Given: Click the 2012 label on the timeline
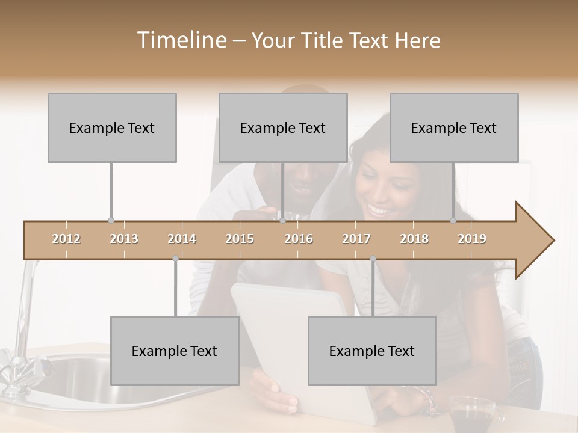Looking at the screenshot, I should click(x=66, y=239).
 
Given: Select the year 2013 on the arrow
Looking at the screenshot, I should click(x=124, y=239).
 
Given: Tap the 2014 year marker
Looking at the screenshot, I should click(x=182, y=239).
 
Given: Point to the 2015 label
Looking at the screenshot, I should click(x=240, y=239).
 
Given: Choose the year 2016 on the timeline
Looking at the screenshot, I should click(x=299, y=239).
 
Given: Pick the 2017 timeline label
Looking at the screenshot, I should click(x=356, y=239).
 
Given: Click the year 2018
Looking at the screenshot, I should click(x=414, y=239).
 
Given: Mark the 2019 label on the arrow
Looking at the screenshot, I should click(x=472, y=239).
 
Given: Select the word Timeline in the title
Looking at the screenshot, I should click(x=180, y=40).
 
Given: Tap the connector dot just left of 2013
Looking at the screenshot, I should click(x=111, y=221).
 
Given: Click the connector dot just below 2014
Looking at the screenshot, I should click(x=175, y=259).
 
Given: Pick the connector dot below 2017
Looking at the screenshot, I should click(x=373, y=259).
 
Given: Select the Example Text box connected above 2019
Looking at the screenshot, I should click(x=454, y=127).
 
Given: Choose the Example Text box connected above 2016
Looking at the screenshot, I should click(x=283, y=127).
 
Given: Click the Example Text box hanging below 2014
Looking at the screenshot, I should click(x=175, y=351).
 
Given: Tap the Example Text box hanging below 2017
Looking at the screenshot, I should click(x=372, y=351).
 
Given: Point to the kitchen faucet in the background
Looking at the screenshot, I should click(x=24, y=325).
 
